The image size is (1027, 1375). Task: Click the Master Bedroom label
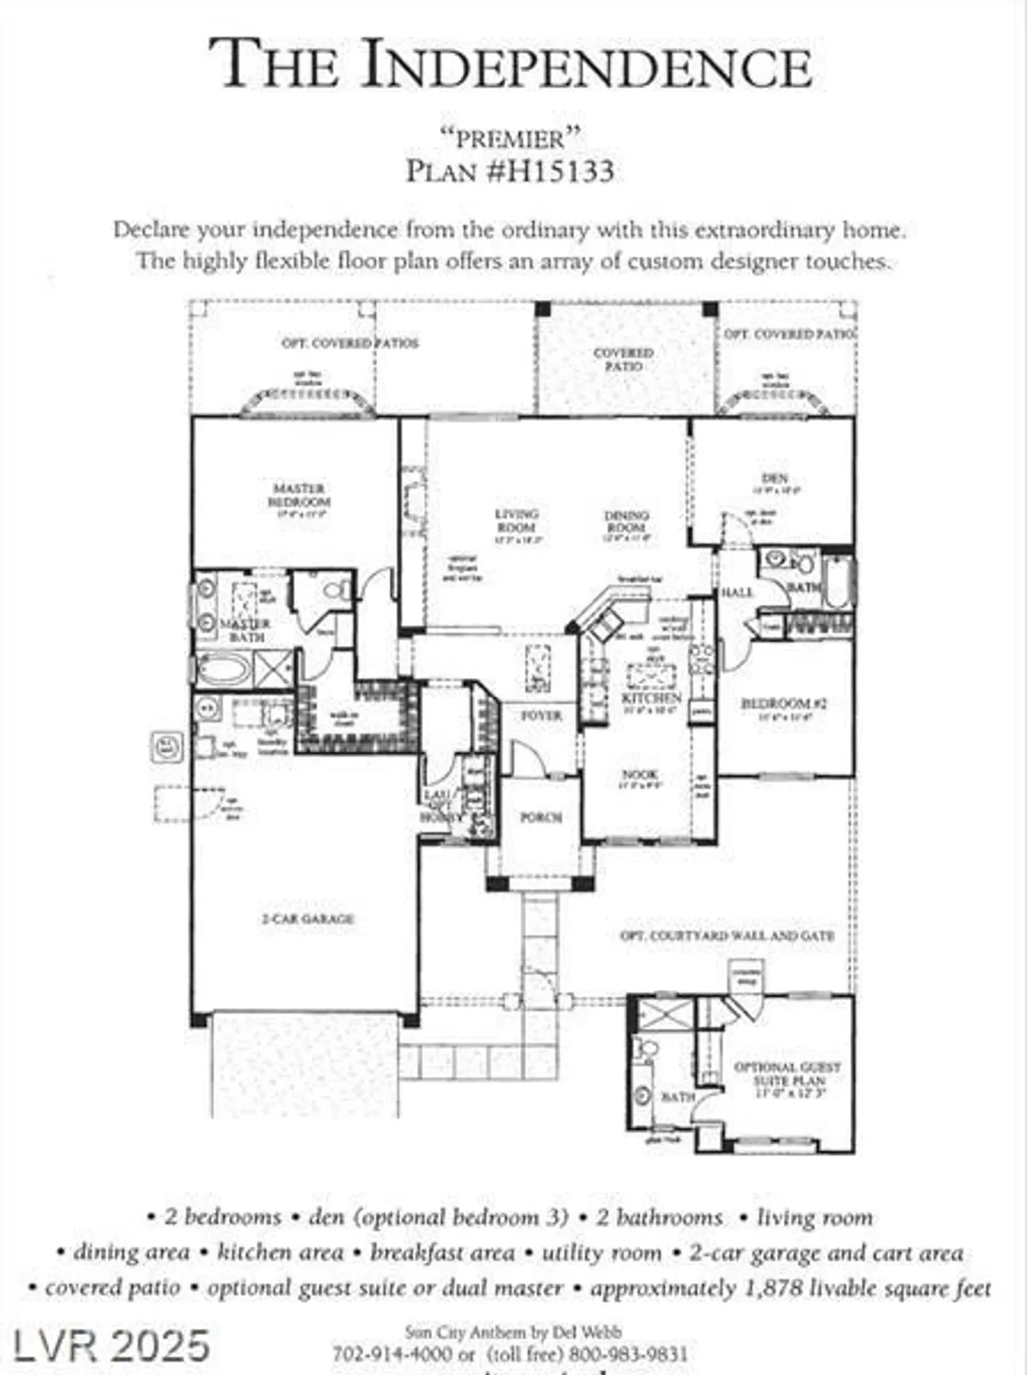(x=299, y=496)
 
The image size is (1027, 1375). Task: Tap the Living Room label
(x=516, y=521)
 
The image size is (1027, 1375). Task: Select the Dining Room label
(x=627, y=522)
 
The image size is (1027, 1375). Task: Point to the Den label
(x=775, y=478)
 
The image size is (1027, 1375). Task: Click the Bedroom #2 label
(x=784, y=703)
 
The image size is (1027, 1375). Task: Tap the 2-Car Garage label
(x=308, y=918)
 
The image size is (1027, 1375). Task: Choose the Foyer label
(x=541, y=715)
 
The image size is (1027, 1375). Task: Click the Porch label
(x=541, y=817)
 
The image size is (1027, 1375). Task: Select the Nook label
(x=639, y=775)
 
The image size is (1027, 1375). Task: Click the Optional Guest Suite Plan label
(x=787, y=1073)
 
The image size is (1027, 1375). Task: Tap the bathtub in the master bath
(x=224, y=668)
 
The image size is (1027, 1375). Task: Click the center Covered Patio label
(x=624, y=358)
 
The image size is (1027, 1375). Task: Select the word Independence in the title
(x=587, y=66)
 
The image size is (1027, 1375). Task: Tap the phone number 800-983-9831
(x=628, y=1354)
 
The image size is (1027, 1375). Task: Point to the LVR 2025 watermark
(x=111, y=1346)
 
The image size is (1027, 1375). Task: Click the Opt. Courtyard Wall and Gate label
(x=727, y=936)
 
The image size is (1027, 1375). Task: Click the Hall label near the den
(x=736, y=593)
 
